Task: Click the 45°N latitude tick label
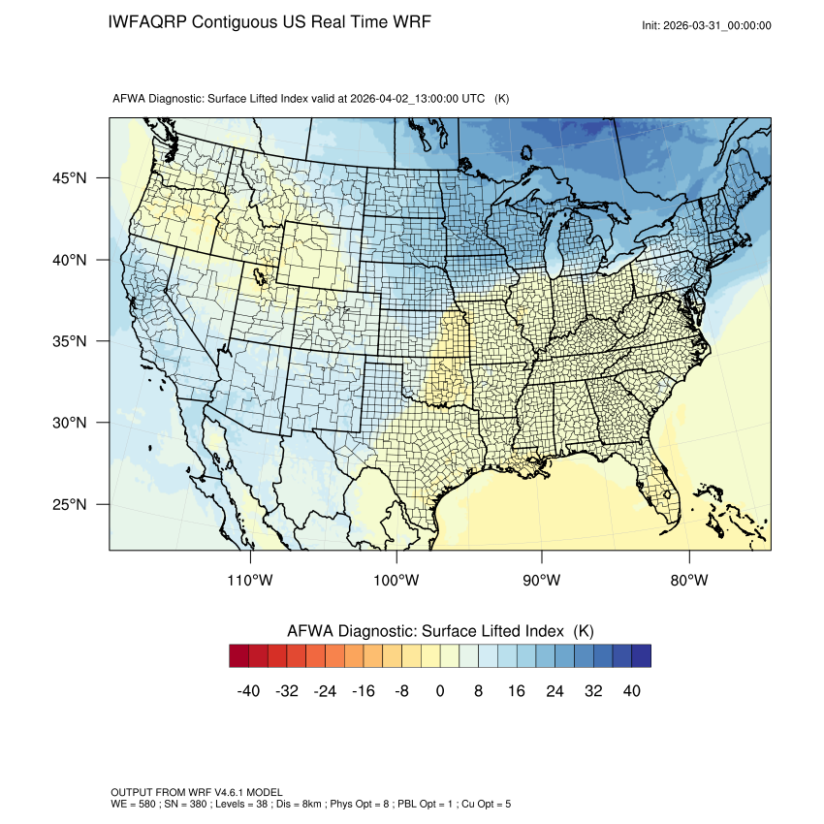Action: [x=70, y=178]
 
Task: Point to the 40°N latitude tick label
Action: [x=70, y=260]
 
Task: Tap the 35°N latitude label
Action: [x=70, y=341]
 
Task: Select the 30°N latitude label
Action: [x=70, y=423]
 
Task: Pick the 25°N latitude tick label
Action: [x=70, y=504]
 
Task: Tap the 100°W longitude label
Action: [x=396, y=581]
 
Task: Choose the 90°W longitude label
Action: [x=542, y=581]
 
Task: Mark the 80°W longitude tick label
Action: [x=688, y=581]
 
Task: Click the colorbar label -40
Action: [x=247, y=690]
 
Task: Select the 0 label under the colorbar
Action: [x=440, y=690]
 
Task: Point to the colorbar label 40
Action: [x=632, y=690]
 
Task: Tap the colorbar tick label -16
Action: [x=363, y=690]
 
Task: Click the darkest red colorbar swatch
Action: [x=239, y=656]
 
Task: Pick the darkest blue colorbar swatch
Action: [x=641, y=656]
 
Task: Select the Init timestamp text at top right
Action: [x=707, y=25]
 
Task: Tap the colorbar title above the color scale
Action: [x=440, y=631]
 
